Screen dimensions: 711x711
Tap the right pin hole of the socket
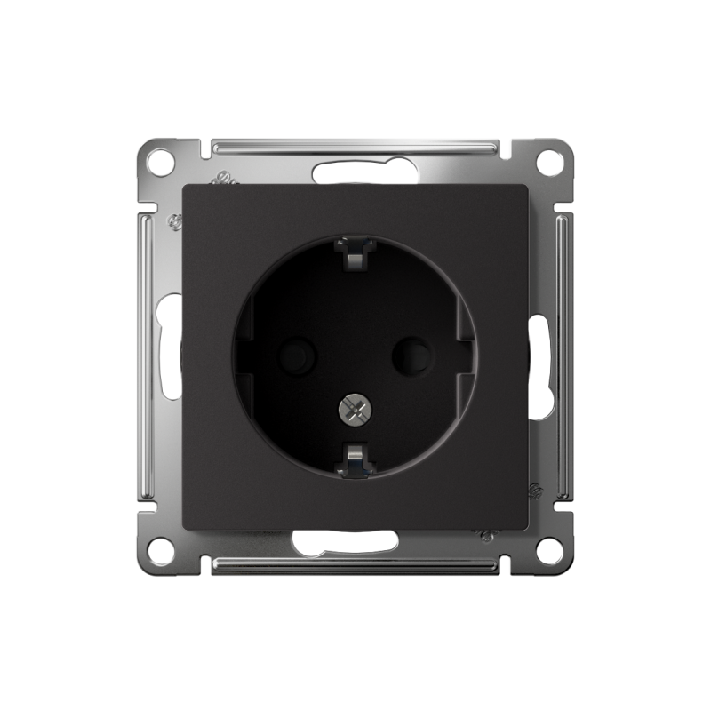[x=411, y=357]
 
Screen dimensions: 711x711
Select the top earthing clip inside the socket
[x=354, y=254]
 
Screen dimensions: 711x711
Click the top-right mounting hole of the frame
[x=550, y=163]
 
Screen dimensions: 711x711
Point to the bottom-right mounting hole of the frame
[x=550, y=550]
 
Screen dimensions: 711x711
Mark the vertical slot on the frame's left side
[x=169, y=347]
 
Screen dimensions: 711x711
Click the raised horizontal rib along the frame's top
[x=355, y=146]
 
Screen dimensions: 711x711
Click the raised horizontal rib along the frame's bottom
[x=355, y=565]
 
